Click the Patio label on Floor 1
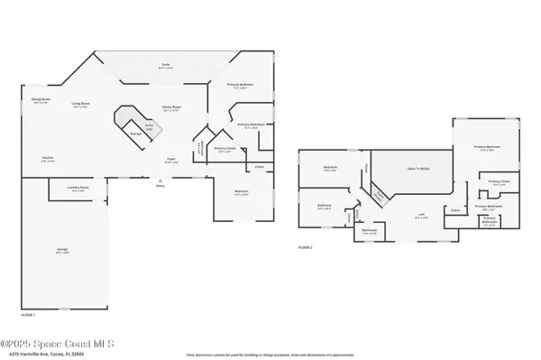click(x=166, y=65)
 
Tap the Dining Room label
click(x=41, y=100)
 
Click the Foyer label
click(x=170, y=160)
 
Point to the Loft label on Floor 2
click(x=420, y=215)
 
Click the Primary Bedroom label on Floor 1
click(x=240, y=86)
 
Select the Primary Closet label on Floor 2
click(x=499, y=184)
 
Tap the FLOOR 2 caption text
click(x=306, y=246)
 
